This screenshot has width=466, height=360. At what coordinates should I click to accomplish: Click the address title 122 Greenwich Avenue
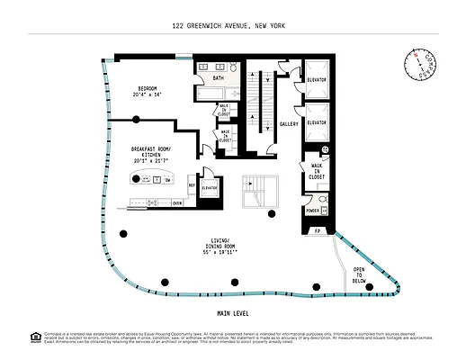pyautogui.click(x=232, y=28)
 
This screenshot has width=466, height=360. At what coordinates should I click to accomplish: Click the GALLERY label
pyautogui.click(x=289, y=124)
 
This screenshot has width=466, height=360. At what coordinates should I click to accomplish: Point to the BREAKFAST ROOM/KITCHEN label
pyautogui.click(x=151, y=154)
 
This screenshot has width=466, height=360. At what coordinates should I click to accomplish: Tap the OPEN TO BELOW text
pyautogui.click(x=358, y=275)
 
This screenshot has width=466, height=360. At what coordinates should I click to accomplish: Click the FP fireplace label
pyautogui.click(x=317, y=231)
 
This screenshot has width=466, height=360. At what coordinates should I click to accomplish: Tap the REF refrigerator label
pyautogui.click(x=192, y=185)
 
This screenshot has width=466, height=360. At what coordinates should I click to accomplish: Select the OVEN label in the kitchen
pyautogui.click(x=177, y=203)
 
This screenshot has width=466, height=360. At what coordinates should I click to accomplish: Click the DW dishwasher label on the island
pyautogui.click(x=168, y=180)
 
